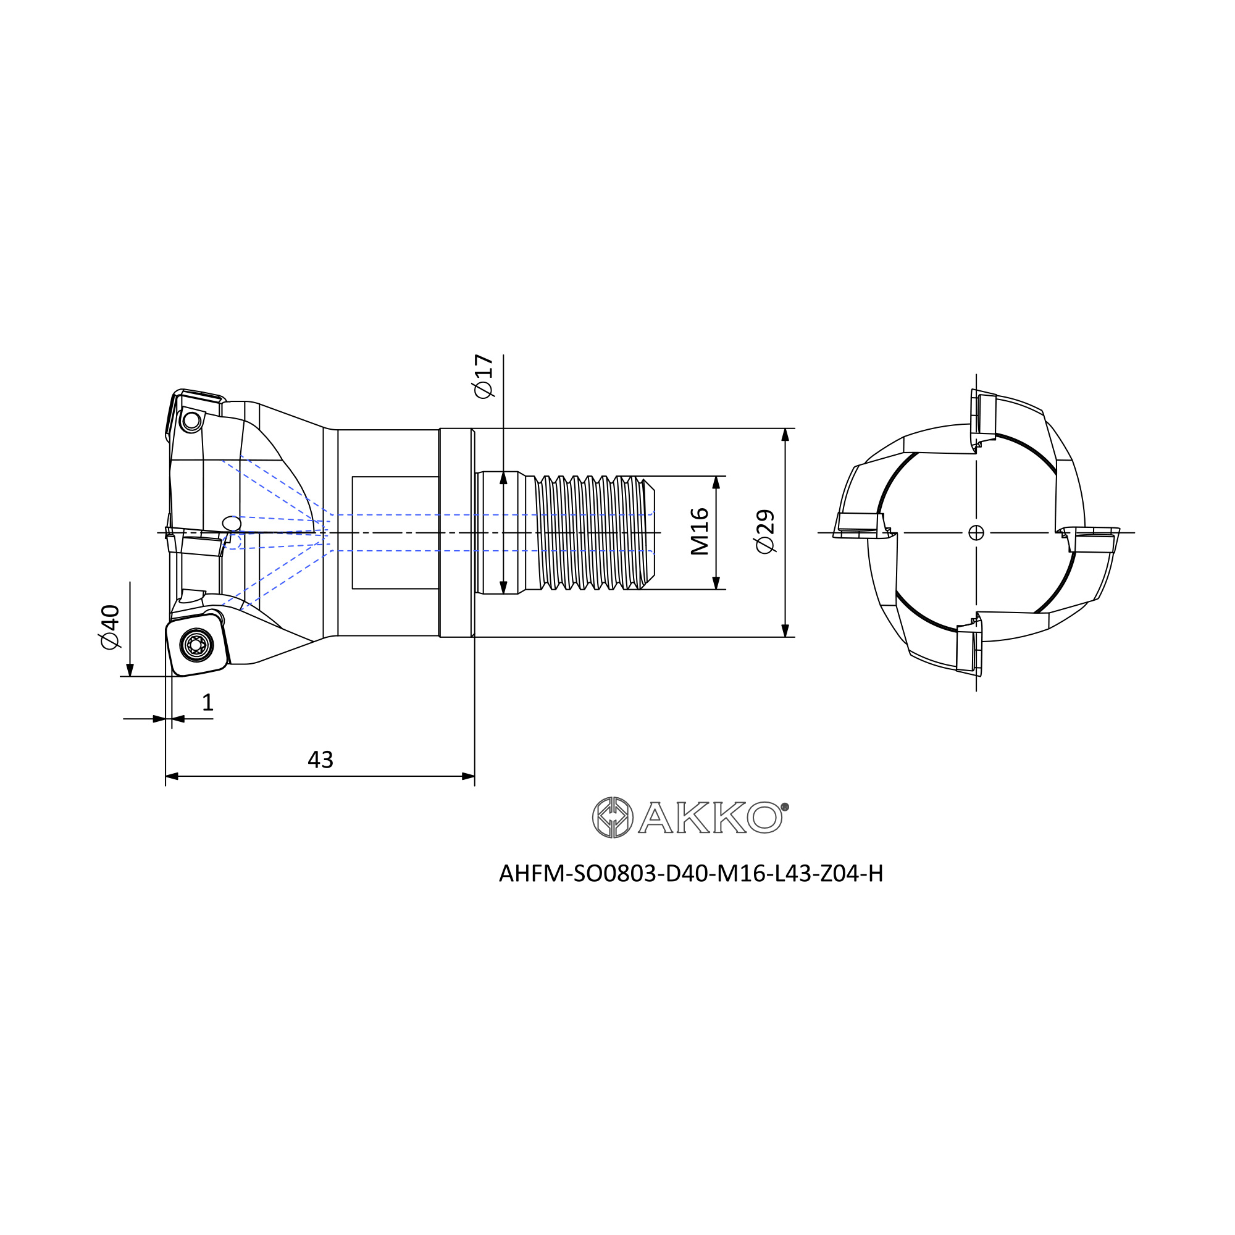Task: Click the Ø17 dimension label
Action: [x=484, y=376]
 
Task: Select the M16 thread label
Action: [x=700, y=531]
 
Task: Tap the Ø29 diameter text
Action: [x=764, y=531]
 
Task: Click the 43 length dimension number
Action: [x=320, y=760]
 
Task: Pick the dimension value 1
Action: [x=207, y=703]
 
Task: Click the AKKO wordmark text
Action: [x=710, y=817]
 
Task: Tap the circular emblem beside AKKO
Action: [x=613, y=817]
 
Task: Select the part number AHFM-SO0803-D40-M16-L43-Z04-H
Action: [x=691, y=873]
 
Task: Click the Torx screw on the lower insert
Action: [x=196, y=645]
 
